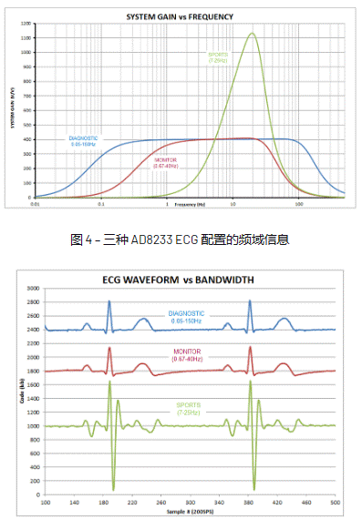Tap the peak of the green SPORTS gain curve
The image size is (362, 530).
click(x=252, y=35)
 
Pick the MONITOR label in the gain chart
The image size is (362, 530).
click(x=165, y=161)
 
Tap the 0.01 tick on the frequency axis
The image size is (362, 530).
click(x=35, y=204)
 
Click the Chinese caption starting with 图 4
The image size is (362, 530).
click(x=180, y=240)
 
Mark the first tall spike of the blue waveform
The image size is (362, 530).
click(x=109, y=301)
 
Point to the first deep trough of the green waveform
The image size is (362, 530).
click(x=112, y=489)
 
